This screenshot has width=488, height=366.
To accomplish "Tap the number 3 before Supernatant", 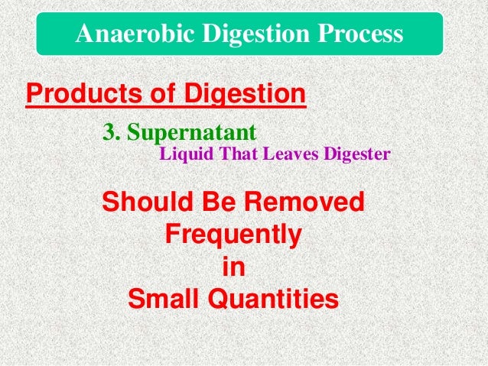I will tap(109, 131).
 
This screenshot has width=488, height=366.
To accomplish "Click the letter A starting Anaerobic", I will tap(84, 34).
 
